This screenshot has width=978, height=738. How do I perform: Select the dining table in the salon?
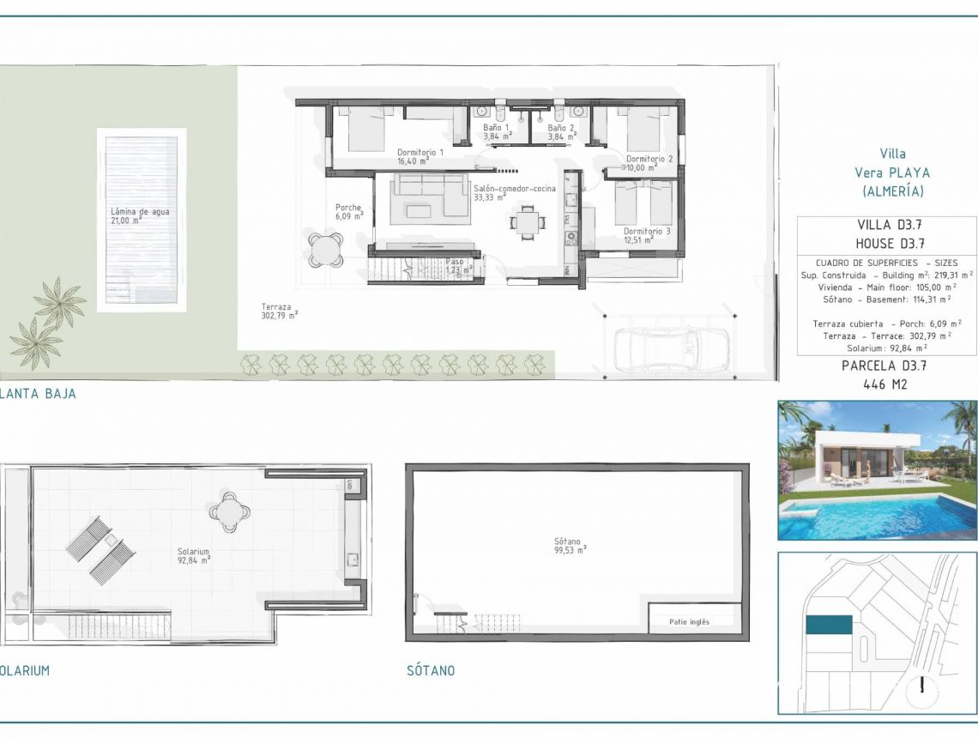pos(527,222)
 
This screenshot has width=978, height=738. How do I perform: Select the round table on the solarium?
pos(229,512)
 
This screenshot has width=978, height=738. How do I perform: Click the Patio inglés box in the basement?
pos(690,622)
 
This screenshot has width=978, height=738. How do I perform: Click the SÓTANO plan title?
pos(431,671)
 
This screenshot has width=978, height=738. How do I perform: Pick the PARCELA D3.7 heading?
pos(884,365)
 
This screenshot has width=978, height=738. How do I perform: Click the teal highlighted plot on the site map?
pos(829,625)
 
